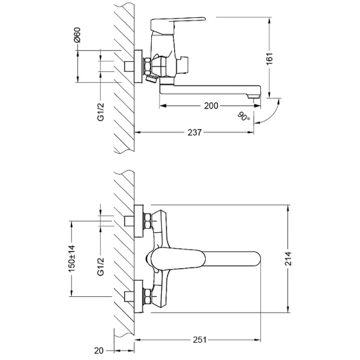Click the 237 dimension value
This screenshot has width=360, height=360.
click(194, 133)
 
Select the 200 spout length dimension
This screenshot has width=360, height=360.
click(211, 106)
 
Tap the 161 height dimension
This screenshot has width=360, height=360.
click(269, 59)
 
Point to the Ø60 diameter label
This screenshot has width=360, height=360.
click(77, 35)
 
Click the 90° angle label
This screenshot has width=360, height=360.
click(244, 116)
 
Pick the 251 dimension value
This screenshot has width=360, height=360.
click(199, 340)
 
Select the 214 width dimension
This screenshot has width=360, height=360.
click(288, 259)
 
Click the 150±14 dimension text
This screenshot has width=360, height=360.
click(72, 259)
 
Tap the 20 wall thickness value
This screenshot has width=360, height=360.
click(99, 350)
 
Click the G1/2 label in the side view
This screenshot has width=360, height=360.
click(101, 112)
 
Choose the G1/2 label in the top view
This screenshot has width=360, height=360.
click(101, 266)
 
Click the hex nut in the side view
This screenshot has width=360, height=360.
click(147, 67)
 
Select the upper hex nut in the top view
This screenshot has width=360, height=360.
click(147, 221)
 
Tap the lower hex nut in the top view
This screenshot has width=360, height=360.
click(147, 296)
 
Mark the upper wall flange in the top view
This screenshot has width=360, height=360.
click(139, 221)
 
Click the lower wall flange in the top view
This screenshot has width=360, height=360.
click(139, 296)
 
